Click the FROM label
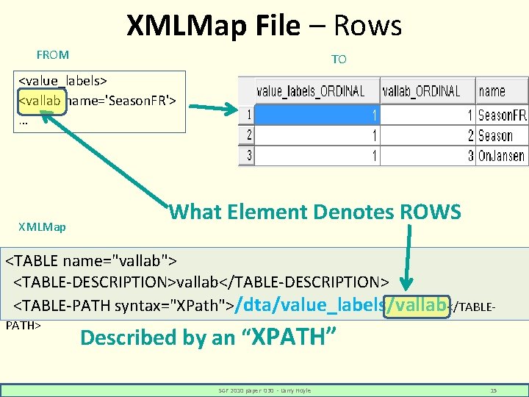coord(53,54)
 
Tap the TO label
coord(339,59)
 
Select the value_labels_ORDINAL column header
coord(310,91)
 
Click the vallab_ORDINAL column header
coord(421,91)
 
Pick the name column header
coord(492,91)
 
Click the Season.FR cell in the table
coord(502,115)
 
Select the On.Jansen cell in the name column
coord(502,156)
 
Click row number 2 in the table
coord(250,135)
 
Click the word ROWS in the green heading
coord(430,212)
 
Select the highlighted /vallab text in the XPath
coord(417,304)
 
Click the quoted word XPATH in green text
coord(293,337)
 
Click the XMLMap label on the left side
coord(42,227)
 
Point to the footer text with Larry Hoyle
coord(264,390)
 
